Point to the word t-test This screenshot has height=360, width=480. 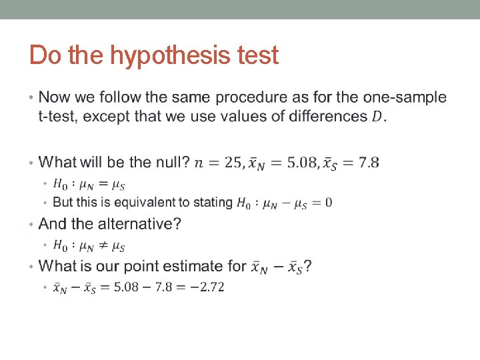pyautogui.click(x=58, y=116)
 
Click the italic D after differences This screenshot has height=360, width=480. pyautogui.click(x=377, y=117)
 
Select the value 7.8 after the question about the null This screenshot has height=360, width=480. pyautogui.click(x=367, y=163)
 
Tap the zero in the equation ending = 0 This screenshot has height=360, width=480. pyautogui.click(x=329, y=202)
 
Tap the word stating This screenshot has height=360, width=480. pyautogui.click(x=213, y=202)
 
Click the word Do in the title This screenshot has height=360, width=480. pyautogui.click(x=44, y=55)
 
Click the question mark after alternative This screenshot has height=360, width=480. pyautogui.click(x=177, y=223)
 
